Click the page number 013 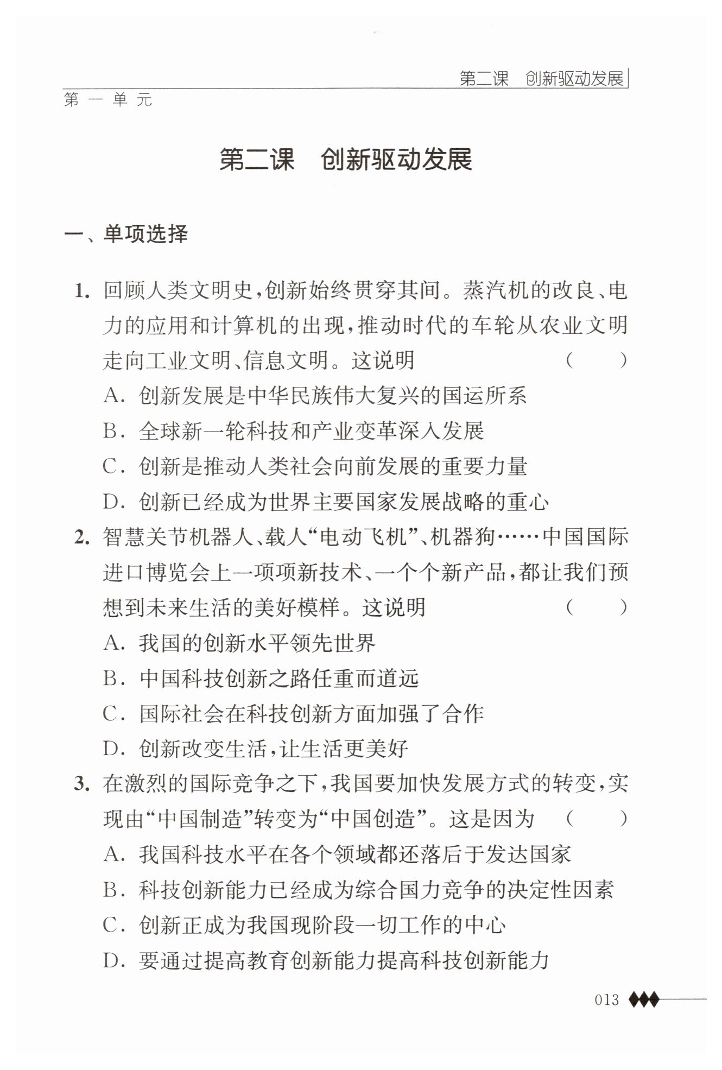point(606,999)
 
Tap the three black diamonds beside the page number point(644,999)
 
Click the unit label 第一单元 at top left point(108,100)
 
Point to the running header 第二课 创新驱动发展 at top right point(541,79)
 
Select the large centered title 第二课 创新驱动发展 point(346,160)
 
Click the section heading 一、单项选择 point(126,235)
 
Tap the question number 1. point(81,292)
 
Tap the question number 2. point(81,538)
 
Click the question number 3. point(81,784)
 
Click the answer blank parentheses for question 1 point(596,360)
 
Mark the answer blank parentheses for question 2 point(596,607)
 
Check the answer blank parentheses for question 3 point(596,819)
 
